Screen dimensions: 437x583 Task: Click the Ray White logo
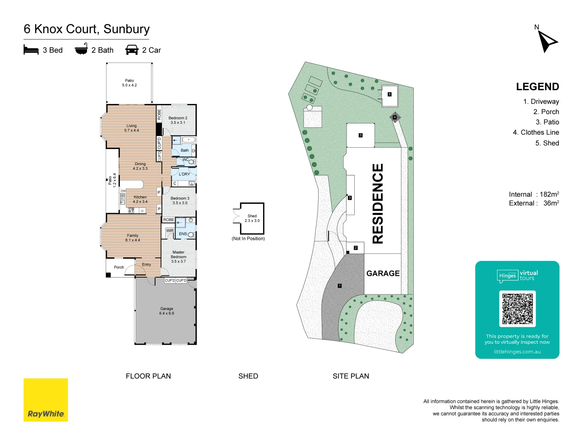click(46, 400)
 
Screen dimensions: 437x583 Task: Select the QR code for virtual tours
click(517, 309)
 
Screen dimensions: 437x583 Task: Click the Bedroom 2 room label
click(178, 120)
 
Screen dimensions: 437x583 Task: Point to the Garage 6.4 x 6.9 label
click(166, 311)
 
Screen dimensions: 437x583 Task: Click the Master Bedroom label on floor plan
click(179, 257)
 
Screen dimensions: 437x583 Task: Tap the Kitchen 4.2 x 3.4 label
click(140, 199)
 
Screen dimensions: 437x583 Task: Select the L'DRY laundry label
click(184, 174)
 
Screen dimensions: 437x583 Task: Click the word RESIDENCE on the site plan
click(377, 204)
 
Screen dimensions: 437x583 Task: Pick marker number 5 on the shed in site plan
click(389, 94)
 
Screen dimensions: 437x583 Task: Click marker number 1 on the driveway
click(340, 286)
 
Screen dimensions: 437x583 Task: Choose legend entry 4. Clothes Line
click(536, 132)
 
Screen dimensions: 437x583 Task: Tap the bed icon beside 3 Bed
click(31, 50)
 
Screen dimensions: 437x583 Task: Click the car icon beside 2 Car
click(132, 50)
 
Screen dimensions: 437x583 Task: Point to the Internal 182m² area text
click(534, 194)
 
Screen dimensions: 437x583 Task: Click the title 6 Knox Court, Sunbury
click(87, 29)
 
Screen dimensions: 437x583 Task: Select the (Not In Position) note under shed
click(248, 239)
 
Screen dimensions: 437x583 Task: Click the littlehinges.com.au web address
click(517, 352)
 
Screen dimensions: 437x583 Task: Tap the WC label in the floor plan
click(185, 159)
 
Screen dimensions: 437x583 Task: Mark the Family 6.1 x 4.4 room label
click(132, 238)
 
